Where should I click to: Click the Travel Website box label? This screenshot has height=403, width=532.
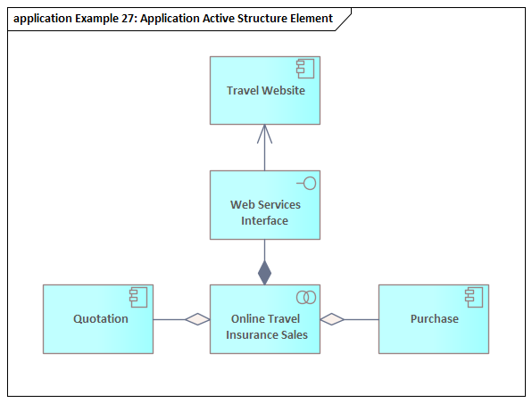pyautogui.click(x=266, y=91)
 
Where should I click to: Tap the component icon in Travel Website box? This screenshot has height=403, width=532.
pyautogui.click(x=305, y=69)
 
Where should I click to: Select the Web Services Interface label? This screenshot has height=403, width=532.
pyautogui.click(x=265, y=212)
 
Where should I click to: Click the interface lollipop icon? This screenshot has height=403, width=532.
pyautogui.click(x=306, y=184)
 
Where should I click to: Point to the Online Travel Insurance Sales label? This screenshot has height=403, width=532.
pyautogui.click(x=267, y=326)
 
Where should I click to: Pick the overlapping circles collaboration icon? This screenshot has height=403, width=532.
pyautogui.click(x=306, y=297)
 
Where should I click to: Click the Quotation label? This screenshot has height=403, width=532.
pyautogui.click(x=101, y=319)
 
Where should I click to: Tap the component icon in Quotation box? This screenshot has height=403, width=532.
pyautogui.click(x=138, y=298)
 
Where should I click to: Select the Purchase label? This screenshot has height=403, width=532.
pyautogui.click(x=435, y=319)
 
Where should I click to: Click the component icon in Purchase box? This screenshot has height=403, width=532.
pyautogui.click(x=474, y=298)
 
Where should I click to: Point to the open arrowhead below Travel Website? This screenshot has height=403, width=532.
pyautogui.click(x=264, y=134)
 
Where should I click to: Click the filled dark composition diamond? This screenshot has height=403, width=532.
pyautogui.click(x=264, y=273)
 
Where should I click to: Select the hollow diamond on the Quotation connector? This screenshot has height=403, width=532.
pyautogui.click(x=197, y=319)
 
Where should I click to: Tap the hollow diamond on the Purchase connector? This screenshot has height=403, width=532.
pyautogui.click(x=332, y=319)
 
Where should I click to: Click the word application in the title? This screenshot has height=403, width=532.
pyautogui.click(x=43, y=19)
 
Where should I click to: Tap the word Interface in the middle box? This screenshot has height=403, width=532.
pyautogui.click(x=264, y=220)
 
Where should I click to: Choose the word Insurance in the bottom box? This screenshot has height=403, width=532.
pyautogui.click(x=247, y=335)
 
